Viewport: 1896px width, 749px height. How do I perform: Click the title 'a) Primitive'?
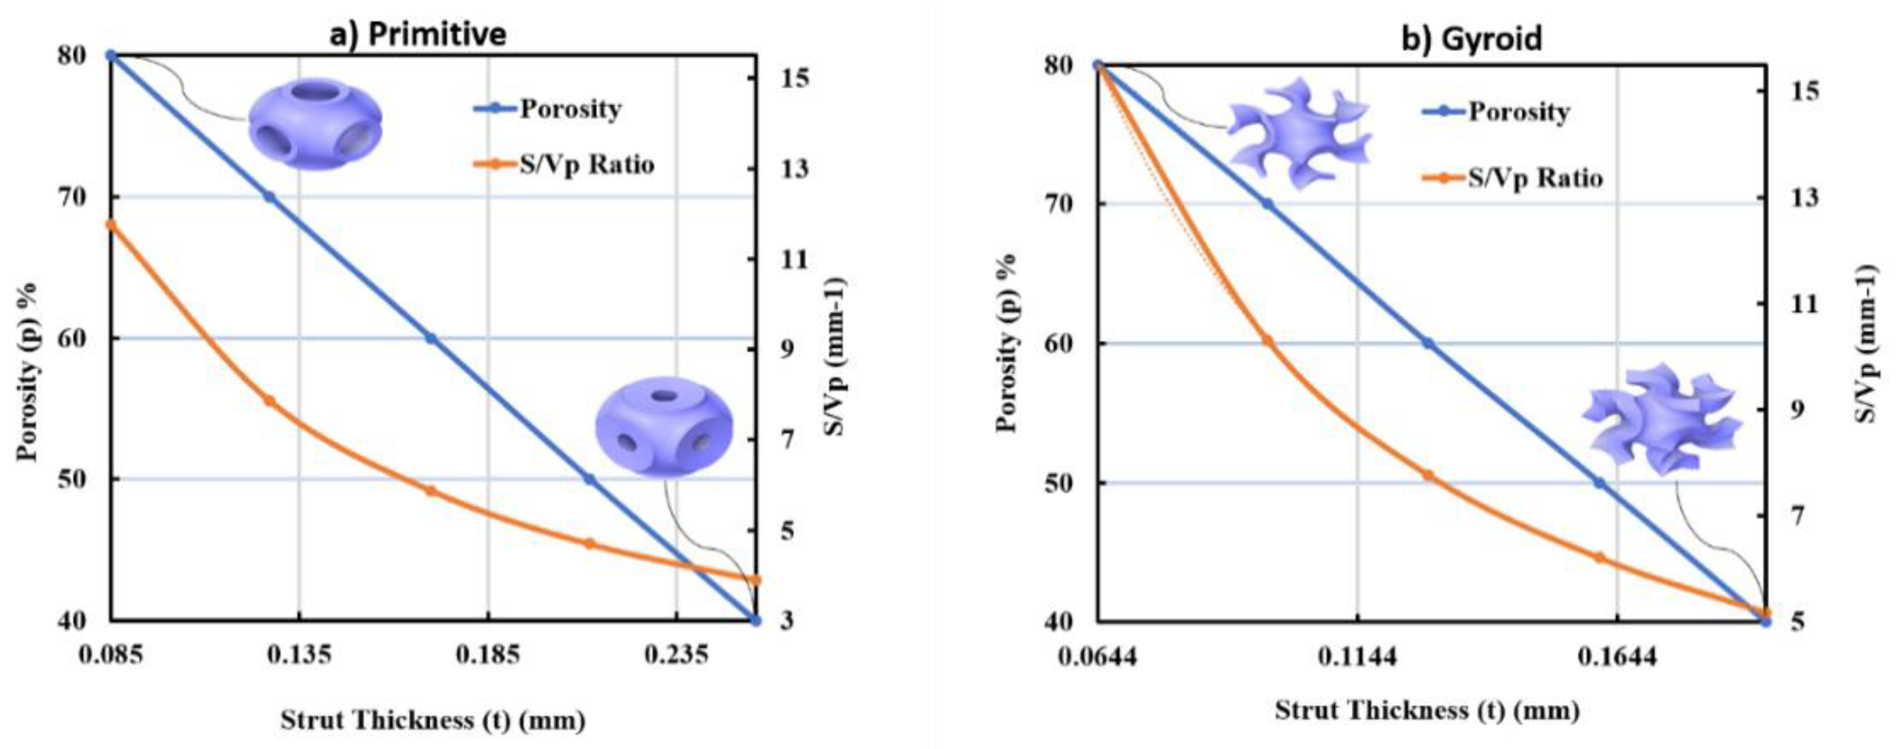[x=417, y=34]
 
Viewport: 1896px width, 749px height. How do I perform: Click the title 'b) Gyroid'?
[x=1471, y=37]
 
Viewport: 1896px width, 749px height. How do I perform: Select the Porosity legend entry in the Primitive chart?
[x=570, y=109]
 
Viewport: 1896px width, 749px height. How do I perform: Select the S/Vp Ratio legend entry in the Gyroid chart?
[x=1534, y=178]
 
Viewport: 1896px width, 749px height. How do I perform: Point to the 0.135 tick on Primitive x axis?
[x=299, y=654]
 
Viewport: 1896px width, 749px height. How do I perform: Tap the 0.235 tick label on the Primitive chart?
[x=676, y=654]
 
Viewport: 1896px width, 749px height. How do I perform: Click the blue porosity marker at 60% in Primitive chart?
[x=431, y=338]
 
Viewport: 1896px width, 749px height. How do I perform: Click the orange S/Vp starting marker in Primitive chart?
[x=112, y=225]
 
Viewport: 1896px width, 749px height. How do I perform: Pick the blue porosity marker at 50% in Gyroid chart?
[x=1599, y=483]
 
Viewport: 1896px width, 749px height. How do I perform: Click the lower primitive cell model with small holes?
[x=664, y=427]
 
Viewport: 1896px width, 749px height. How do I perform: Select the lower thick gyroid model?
[x=1660, y=419]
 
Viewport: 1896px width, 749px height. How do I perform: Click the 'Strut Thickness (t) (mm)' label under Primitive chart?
[x=433, y=720]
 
